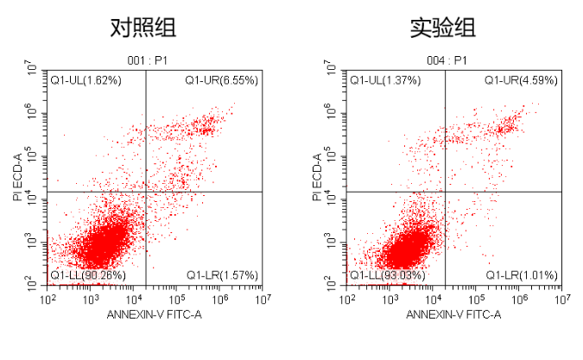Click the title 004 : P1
click(x=446, y=60)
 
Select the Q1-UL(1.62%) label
click(x=85, y=80)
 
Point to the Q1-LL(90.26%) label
click(x=88, y=275)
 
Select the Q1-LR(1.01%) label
click(x=521, y=275)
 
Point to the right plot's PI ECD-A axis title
click(x=317, y=178)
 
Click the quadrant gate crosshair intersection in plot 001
click(x=145, y=192)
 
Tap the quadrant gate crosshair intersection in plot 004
click(x=445, y=192)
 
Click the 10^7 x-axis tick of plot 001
click(x=263, y=299)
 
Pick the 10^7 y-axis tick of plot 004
click(x=332, y=68)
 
